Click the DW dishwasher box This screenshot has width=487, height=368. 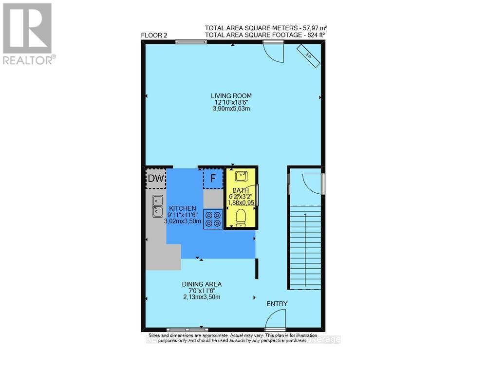pos(156,179)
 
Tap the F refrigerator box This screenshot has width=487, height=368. pos(213,178)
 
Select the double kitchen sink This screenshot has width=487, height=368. pos(157,205)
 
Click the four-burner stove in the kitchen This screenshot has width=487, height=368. pos(213,219)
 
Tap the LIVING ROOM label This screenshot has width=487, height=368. pos(231,95)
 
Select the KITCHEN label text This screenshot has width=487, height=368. pos(183,208)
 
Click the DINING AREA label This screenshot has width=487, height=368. pos(202,284)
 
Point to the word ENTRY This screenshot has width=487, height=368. pos(277,304)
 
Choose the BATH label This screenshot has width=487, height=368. pos(240,190)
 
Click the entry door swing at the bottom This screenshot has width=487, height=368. pos(275,322)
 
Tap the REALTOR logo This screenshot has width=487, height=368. pos(28,33)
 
